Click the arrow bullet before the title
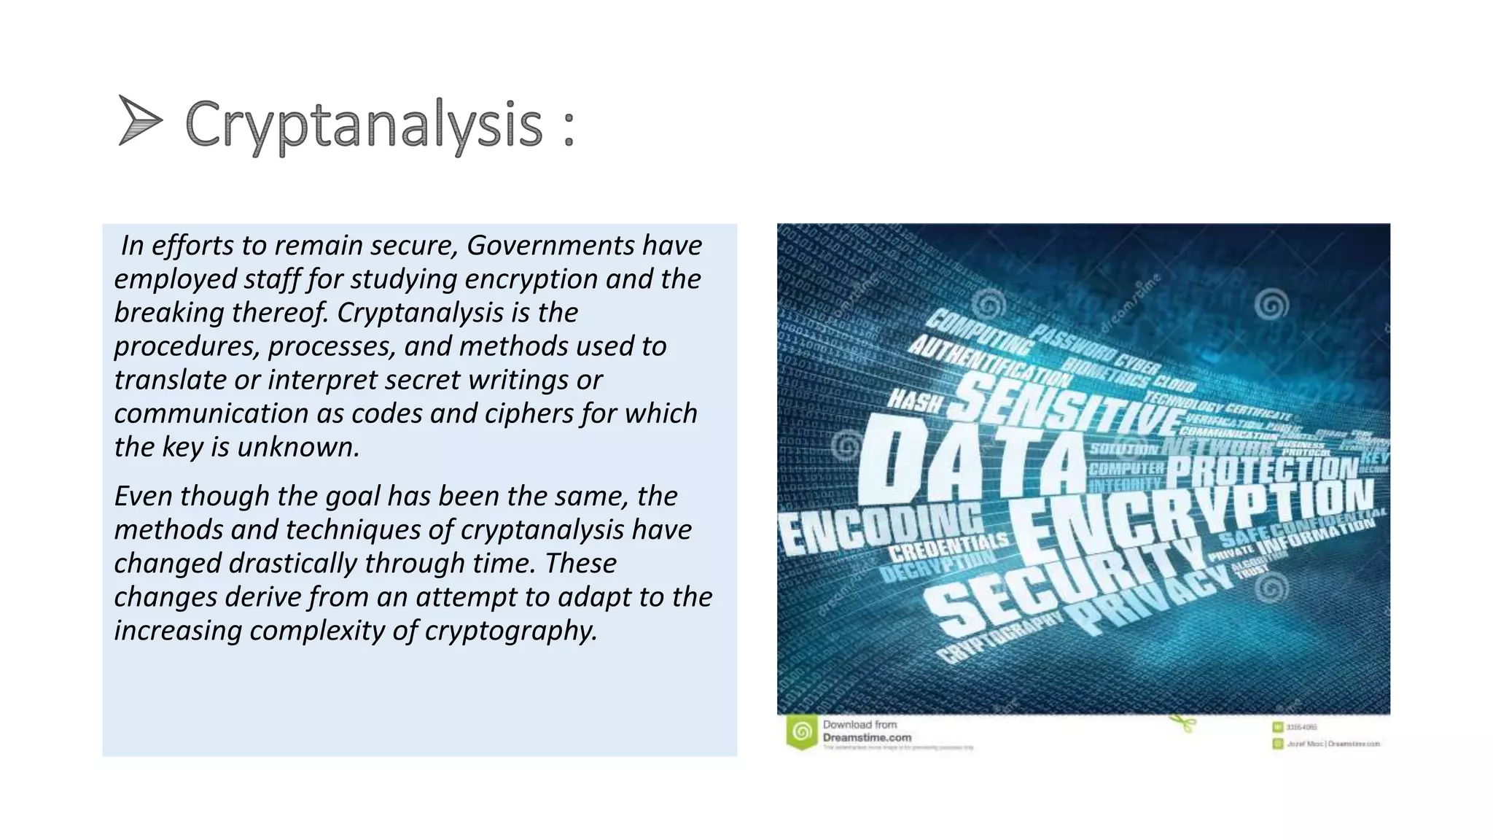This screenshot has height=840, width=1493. pos(139,120)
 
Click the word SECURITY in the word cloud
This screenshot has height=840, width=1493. pos(1064,583)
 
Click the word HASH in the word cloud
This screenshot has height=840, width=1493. pos(914,400)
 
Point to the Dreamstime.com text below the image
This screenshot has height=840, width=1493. pos(867,738)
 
